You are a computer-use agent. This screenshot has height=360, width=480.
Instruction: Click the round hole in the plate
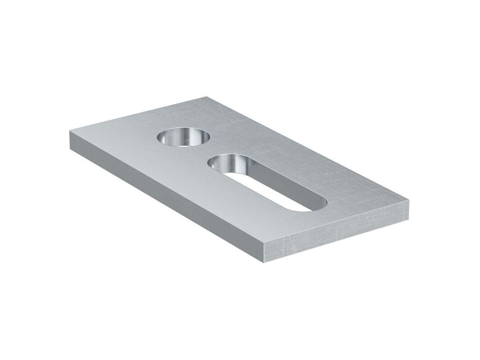click(184, 137)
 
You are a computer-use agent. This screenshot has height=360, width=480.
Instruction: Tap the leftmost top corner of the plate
click(69, 131)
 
